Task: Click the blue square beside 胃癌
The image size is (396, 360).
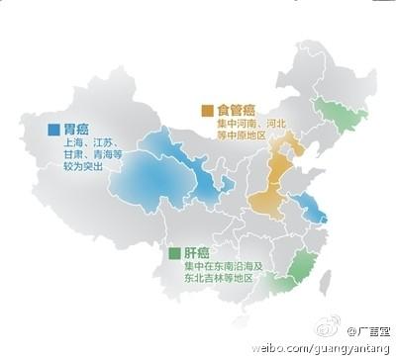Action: (52, 129)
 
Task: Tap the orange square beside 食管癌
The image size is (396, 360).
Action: (209, 109)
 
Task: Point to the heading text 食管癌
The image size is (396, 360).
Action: (235, 109)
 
